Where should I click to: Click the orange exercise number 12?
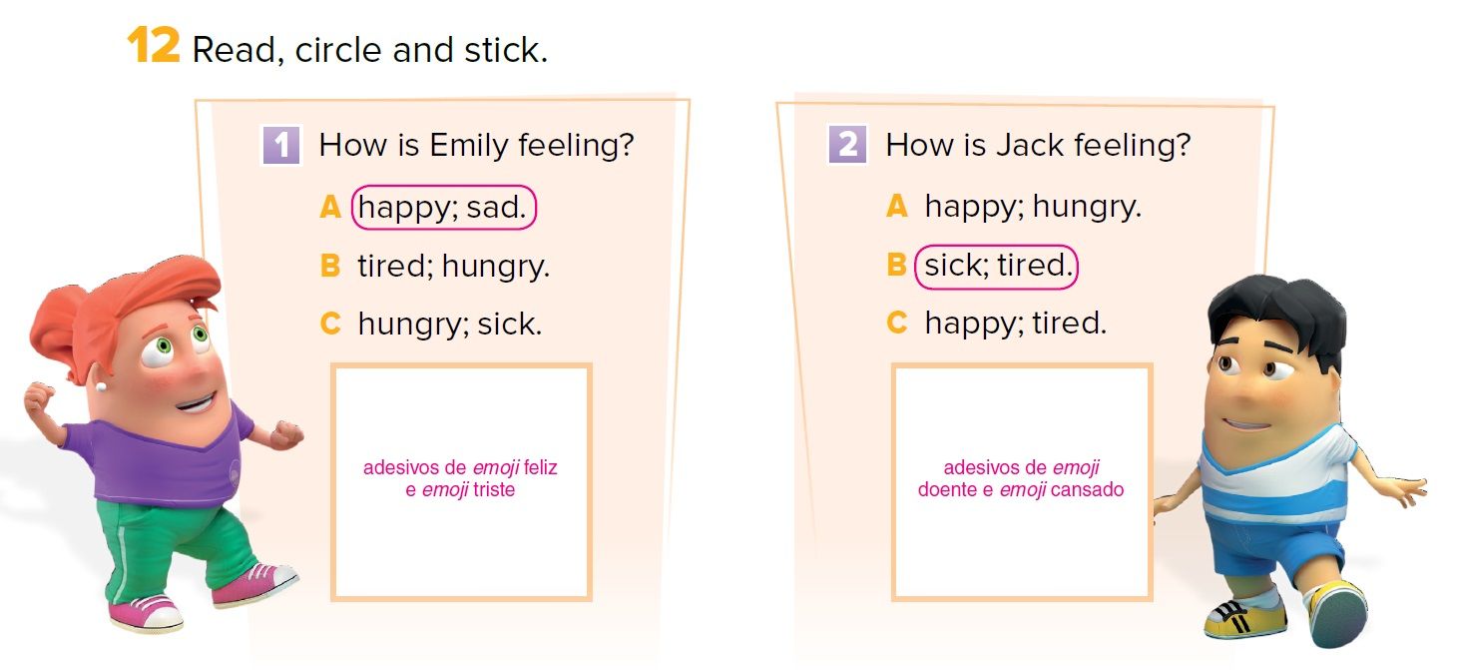pos(153,46)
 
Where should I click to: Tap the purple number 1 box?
pos(281,145)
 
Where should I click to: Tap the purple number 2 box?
pos(847,145)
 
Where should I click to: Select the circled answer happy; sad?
pos(443,208)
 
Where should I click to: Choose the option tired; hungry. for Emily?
pos(454,267)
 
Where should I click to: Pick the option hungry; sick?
pos(450,325)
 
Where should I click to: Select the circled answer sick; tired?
pos(997,267)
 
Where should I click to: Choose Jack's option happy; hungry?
pos(1033,208)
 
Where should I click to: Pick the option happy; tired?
pos(1015,324)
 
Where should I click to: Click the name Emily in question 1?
pos(468,146)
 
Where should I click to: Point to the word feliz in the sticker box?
pos(540,467)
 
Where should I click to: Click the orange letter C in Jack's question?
pos(897,323)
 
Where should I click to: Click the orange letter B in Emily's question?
pos(330,266)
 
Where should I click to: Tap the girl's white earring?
pos(101,386)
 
